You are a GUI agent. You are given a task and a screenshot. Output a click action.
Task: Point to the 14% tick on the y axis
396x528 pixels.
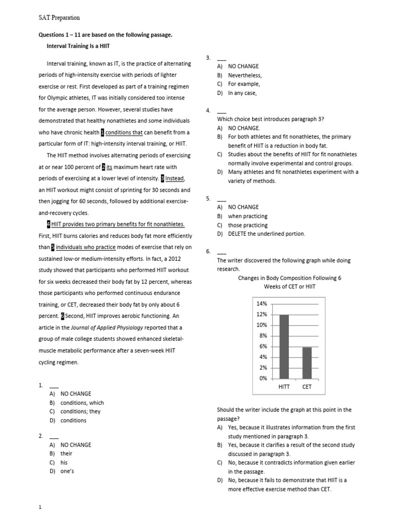tap(261, 304)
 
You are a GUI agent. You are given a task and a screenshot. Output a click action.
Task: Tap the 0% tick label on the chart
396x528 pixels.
tap(263, 378)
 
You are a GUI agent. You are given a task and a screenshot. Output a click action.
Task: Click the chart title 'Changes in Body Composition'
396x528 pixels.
tap(289, 278)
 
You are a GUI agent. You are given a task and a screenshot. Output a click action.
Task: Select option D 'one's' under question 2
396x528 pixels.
tap(68, 471)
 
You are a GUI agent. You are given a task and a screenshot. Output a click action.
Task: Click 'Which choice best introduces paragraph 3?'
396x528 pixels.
tap(271, 119)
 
